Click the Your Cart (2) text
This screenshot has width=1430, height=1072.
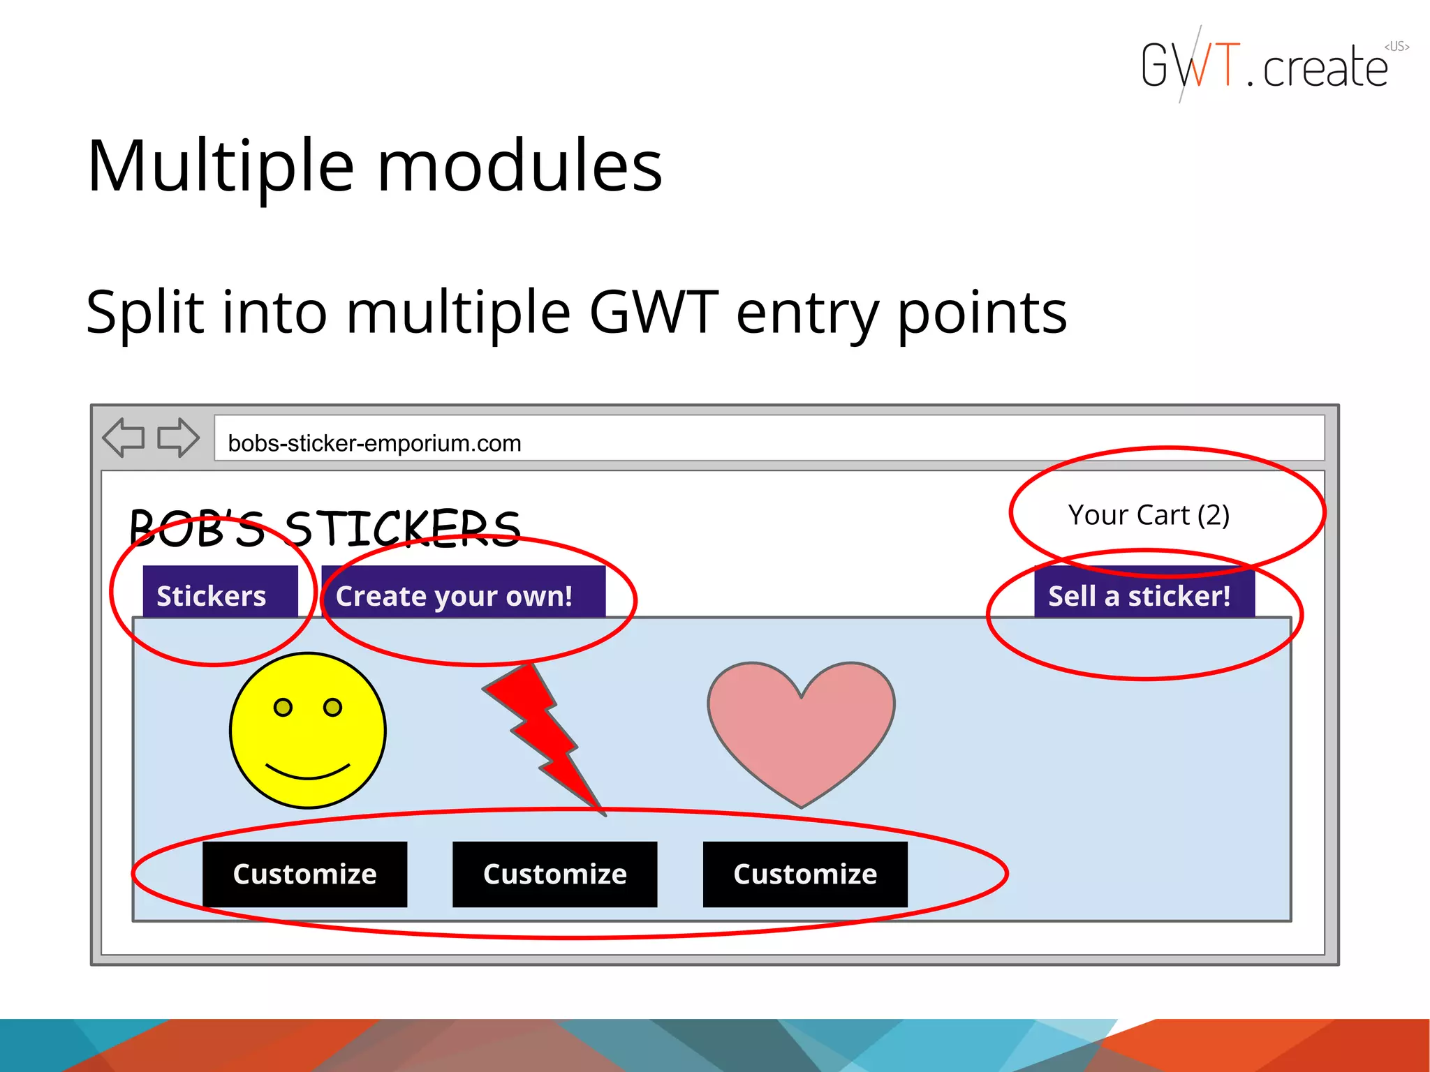pos(1149,515)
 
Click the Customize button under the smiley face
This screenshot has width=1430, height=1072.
pos(304,874)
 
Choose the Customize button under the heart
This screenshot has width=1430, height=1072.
pos(804,874)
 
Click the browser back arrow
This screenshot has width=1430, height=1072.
pos(124,438)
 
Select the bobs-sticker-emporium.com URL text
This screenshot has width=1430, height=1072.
pos(374,443)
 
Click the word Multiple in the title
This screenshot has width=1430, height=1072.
pos(221,167)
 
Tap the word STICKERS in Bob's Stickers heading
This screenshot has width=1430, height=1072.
pos(403,528)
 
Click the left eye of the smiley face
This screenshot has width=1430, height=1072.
pos(283,708)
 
